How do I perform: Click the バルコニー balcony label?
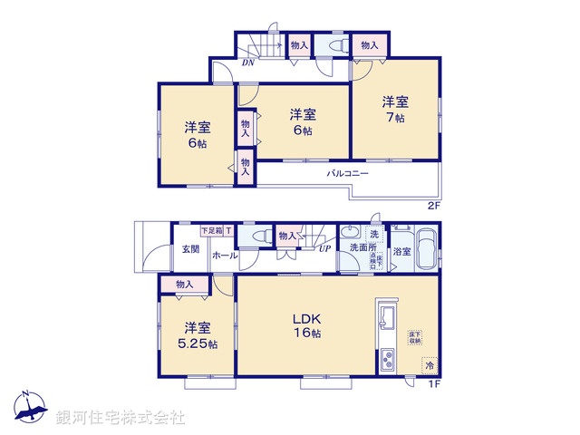pos(348,173)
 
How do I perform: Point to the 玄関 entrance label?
pos(189,249)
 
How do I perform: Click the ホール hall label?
pos(225,256)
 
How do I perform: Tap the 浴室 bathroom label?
pos(401,251)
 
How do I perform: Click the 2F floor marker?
pos(433,206)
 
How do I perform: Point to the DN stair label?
pos(247,63)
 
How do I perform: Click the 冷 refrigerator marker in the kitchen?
pos(427,367)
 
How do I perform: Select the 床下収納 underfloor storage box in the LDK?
pos(414,338)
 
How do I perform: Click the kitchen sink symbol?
pos(386,318)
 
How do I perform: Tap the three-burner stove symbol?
pos(385,360)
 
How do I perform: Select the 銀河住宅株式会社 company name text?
pos(121,418)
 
